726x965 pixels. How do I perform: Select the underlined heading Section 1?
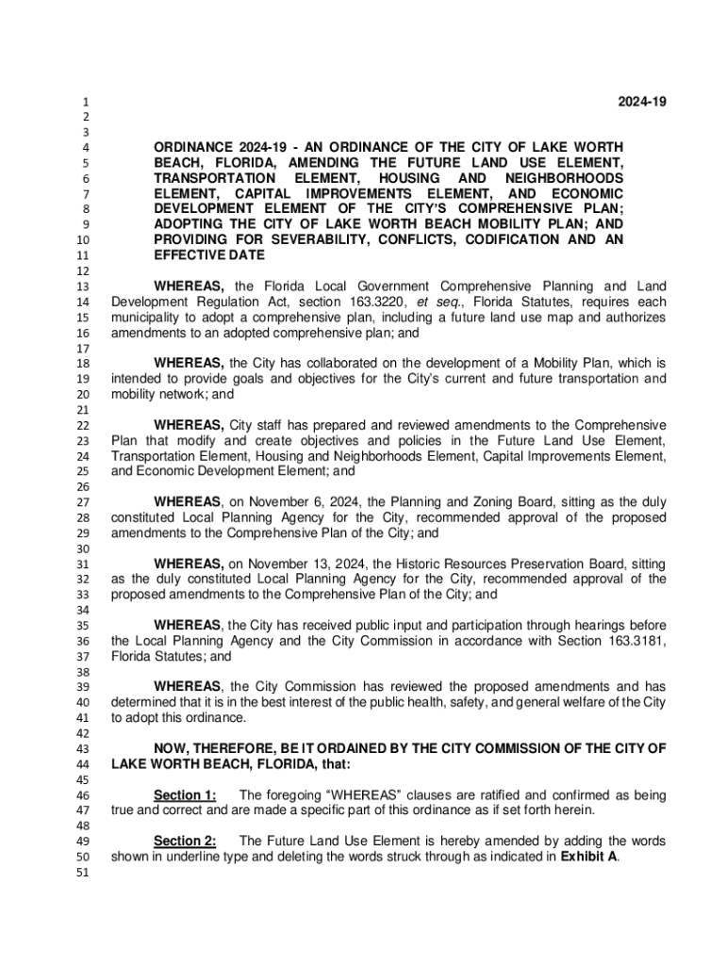(185, 795)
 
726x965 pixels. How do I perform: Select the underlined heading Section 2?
(185, 841)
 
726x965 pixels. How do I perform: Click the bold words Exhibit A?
(588, 857)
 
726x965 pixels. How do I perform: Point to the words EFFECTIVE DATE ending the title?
(209, 255)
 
